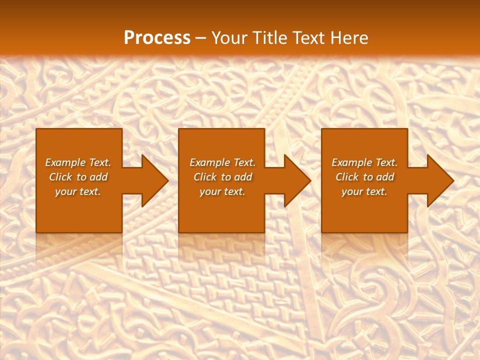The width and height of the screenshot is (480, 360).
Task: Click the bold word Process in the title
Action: (157, 38)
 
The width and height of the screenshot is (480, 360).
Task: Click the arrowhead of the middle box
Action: (297, 181)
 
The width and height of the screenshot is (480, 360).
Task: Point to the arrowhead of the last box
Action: (440, 181)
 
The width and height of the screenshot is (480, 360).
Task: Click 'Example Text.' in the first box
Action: (78, 162)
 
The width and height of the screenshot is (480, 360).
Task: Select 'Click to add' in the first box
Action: (78, 177)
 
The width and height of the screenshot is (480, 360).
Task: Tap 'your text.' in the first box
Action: (78, 191)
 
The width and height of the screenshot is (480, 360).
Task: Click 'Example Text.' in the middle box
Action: (222, 162)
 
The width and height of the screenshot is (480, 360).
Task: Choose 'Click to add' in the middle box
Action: (222, 177)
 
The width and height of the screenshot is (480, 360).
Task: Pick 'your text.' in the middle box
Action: (222, 191)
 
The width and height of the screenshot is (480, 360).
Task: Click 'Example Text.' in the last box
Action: (364, 162)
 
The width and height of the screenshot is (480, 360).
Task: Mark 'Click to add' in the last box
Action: (364, 177)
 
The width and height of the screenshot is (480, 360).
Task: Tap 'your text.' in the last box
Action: (364, 191)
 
